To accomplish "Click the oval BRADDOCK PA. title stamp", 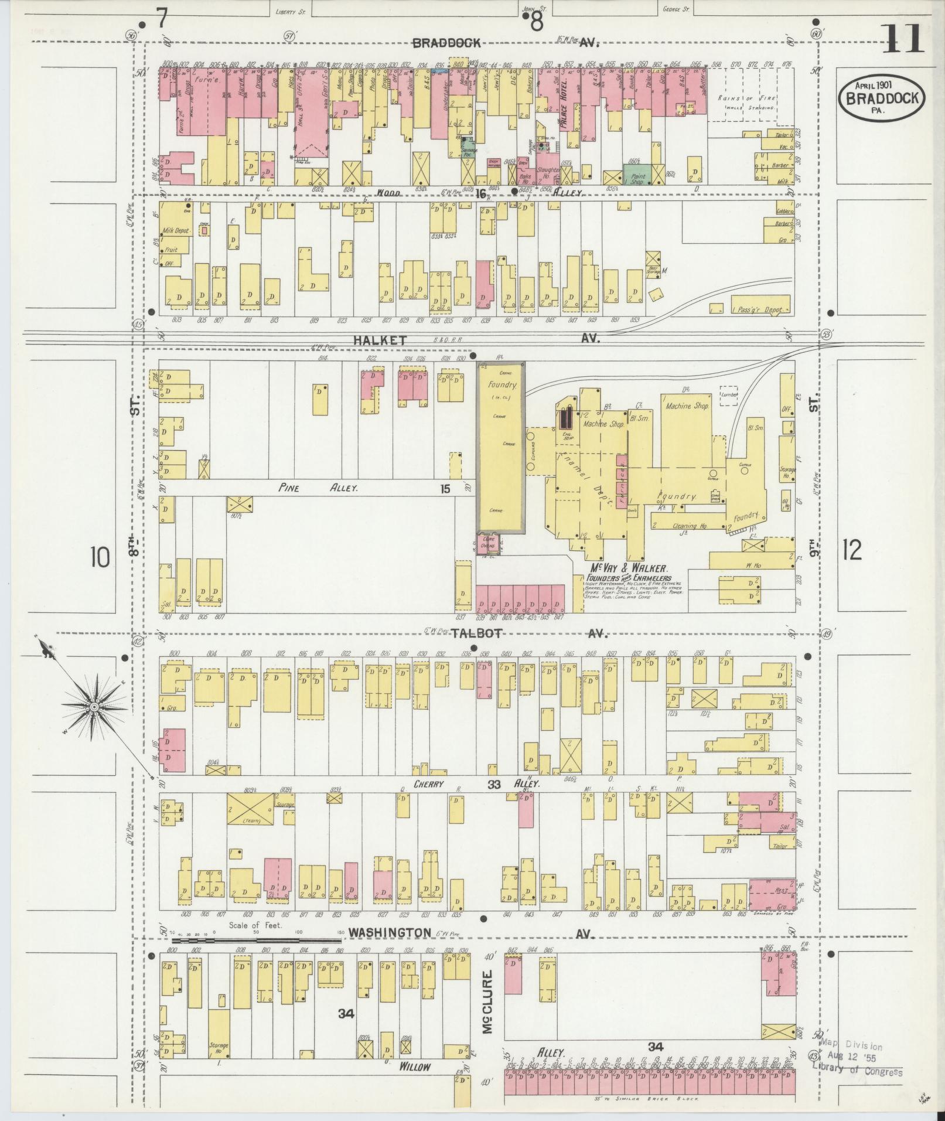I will (881, 99).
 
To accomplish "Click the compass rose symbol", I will (93, 708).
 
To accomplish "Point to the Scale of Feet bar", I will (257, 941).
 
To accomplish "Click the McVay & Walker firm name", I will (629, 568).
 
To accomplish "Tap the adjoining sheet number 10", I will (100, 557).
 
